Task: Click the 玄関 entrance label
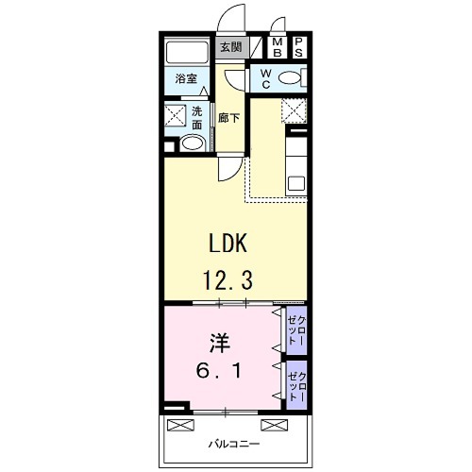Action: pyautogui.click(x=231, y=47)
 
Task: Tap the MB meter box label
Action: pyautogui.click(x=278, y=47)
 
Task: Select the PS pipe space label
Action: pyautogui.click(x=298, y=47)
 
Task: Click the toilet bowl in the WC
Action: pyautogui.click(x=290, y=77)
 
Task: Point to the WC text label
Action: pyautogui.click(x=266, y=78)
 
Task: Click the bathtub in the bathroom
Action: pyautogui.click(x=187, y=53)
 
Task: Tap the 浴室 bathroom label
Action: pyautogui.click(x=186, y=78)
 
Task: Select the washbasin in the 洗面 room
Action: pyautogui.click(x=193, y=143)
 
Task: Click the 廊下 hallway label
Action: pyautogui.click(x=228, y=118)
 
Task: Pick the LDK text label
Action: pyautogui.click(x=228, y=243)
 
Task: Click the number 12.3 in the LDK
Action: pyautogui.click(x=228, y=280)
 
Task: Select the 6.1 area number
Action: pyautogui.click(x=219, y=370)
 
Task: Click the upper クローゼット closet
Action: pyautogui.click(x=296, y=330)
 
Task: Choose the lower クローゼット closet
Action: pyautogui.click(x=296, y=386)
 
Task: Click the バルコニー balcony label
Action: pyautogui.click(x=234, y=445)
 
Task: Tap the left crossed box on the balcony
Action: pyautogui.click(x=180, y=425)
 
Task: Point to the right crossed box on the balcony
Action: pyautogui.click(x=275, y=425)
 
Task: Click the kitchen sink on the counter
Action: pyautogui.click(x=296, y=183)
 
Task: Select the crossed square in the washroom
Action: pyautogui.click(x=176, y=115)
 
